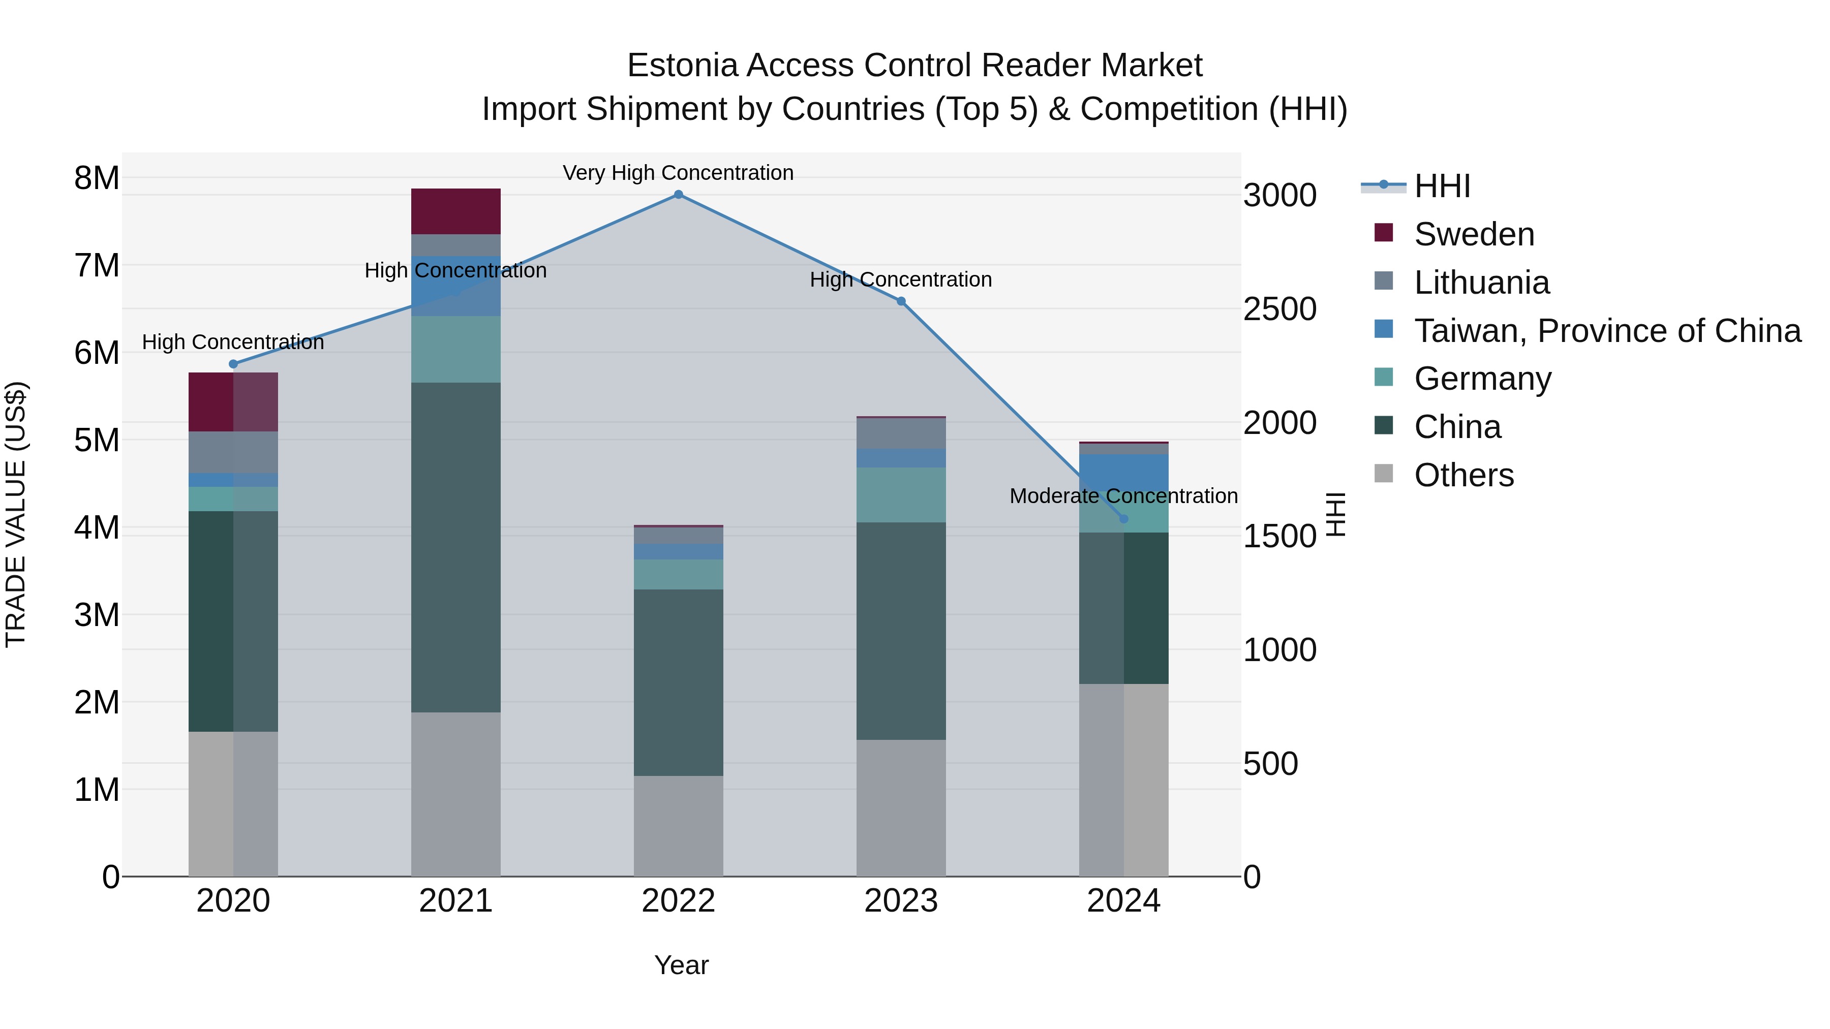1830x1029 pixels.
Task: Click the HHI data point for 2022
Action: pyautogui.click(x=679, y=195)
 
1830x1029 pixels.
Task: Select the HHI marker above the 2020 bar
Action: pyautogui.click(x=233, y=364)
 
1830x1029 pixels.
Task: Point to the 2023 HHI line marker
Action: pyautogui.click(x=901, y=301)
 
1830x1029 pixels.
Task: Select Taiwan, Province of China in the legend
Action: pyautogui.click(x=1607, y=331)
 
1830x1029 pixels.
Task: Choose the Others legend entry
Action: pyautogui.click(x=1463, y=475)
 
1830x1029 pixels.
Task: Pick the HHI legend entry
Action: pyautogui.click(x=1442, y=186)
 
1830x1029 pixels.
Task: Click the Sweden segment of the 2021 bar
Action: pyautogui.click(x=455, y=211)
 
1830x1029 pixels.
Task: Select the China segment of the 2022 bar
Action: pyautogui.click(x=679, y=682)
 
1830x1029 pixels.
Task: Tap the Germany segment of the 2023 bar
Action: pyautogui.click(x=901, y=495)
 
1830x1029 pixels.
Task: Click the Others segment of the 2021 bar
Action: pyautogui.click(x=455, y=794)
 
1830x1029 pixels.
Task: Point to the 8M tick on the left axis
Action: pyautogui.click(x=97, y=178)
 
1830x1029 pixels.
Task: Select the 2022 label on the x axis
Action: pyautogui.click(x=679, y=901)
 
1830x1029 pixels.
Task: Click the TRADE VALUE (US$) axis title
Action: pyautogui.click(x=16, y=514)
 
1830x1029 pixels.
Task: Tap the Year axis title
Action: pyautogui.click(x=681, y=965)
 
